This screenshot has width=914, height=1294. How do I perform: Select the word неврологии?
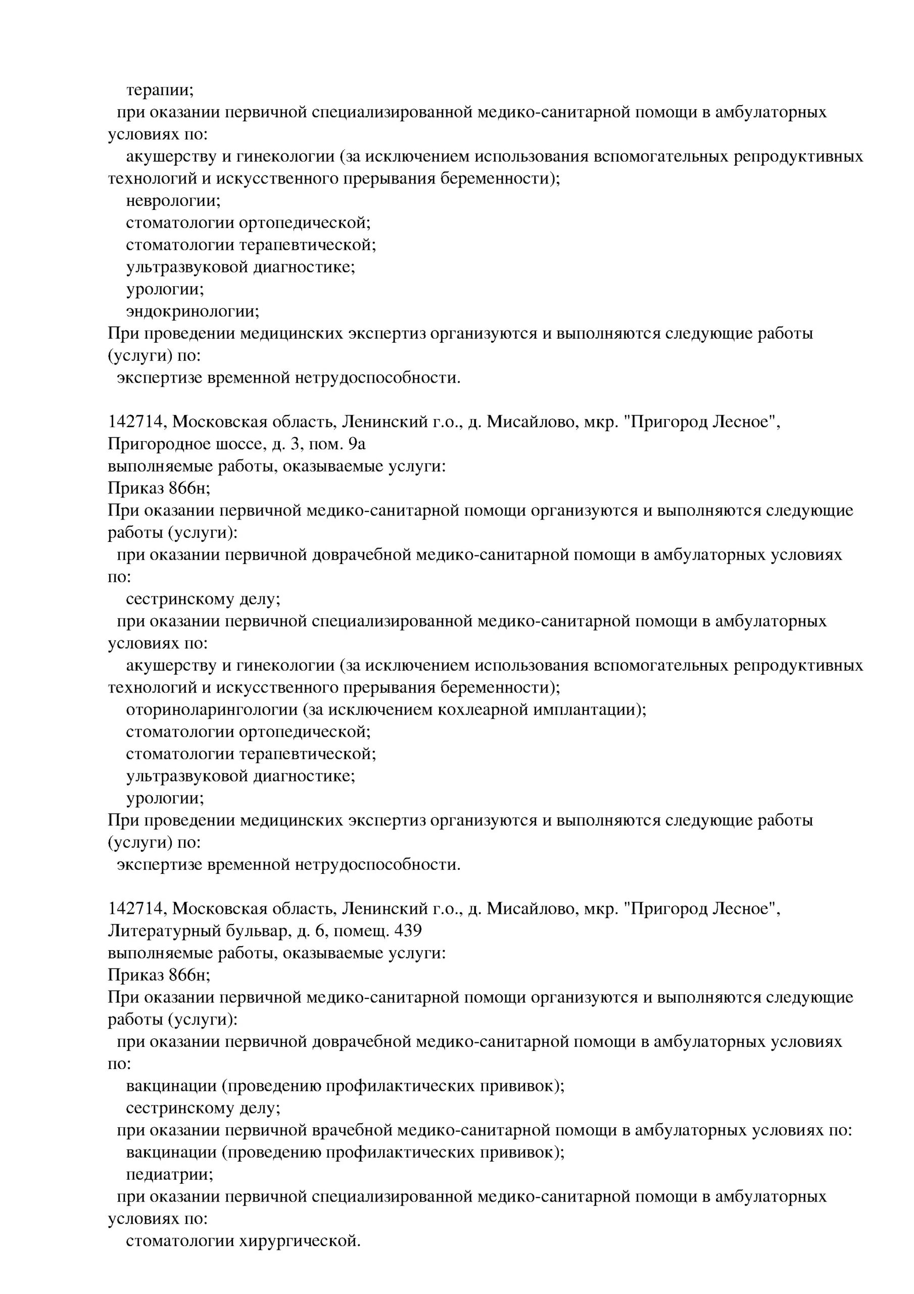tap(173, 201)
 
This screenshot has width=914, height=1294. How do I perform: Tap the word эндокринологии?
tap(192, 311)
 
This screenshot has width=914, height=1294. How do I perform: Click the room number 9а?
tap(357, 445)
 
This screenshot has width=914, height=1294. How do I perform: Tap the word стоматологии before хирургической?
tap(179, 1241)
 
